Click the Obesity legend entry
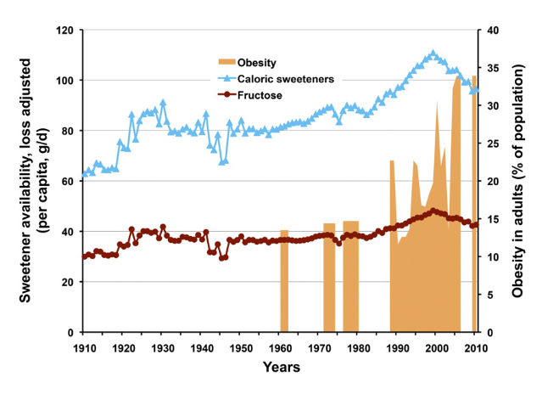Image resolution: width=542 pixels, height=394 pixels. coord(257,63)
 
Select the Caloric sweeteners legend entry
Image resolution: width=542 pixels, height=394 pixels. coord(284,79)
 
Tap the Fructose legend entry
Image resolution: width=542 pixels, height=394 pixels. coord(260,95)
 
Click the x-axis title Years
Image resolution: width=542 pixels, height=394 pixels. coord(280,369)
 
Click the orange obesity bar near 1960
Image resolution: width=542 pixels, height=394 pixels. coord(284,280)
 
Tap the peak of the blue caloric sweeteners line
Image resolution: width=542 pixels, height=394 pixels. coord(433,53)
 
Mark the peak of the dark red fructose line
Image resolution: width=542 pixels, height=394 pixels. coord(433,210)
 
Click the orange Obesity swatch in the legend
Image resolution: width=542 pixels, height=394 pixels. coord(223,63)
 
